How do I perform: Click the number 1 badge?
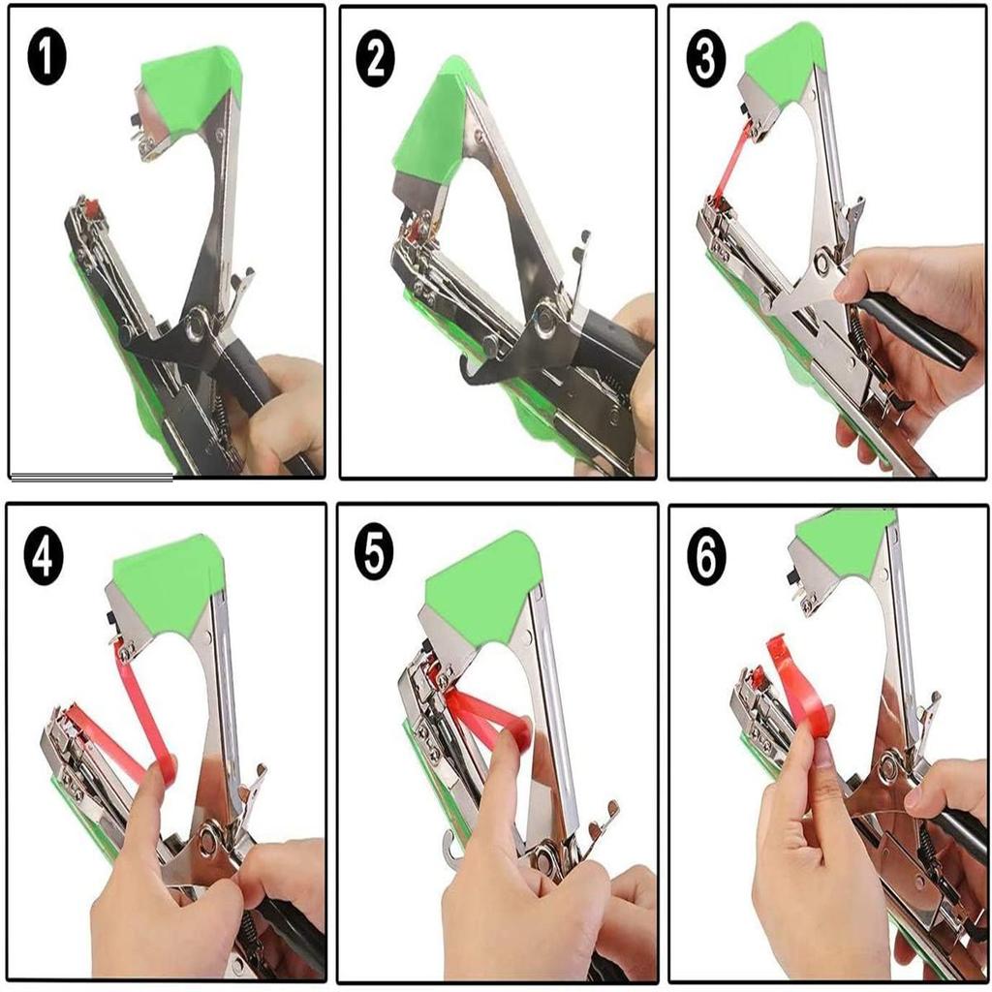tap(45, 58)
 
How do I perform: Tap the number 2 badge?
tap(376, 60)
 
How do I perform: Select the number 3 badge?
tap(705, 60)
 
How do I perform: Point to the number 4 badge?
tap(44, 560)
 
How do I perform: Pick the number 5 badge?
tap(374, 555)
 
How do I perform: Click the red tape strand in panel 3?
tap(732, 160)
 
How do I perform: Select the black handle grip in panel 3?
tap(915, 329)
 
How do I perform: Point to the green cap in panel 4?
tap(170, 581)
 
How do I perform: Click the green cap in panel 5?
tap(481, 584)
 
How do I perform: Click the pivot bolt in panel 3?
tap(824, 261)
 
